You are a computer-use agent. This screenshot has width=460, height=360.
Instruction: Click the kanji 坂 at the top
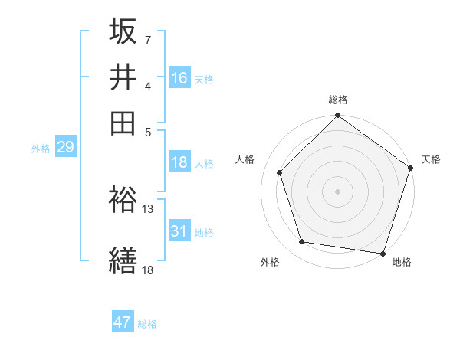tap(123, 32)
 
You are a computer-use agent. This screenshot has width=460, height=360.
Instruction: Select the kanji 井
tap(123, 77)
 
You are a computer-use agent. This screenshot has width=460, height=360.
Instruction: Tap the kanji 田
tap(123, 123)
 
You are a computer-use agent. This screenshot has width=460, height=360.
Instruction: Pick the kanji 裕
tap(123, 200)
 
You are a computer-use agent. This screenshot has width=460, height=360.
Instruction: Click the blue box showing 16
tap(179, 78)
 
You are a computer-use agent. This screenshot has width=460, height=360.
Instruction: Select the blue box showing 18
tap(179, 162)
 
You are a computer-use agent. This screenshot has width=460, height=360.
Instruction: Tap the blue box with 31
tap(179, 231)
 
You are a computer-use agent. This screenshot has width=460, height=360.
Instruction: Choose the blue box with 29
tap(65, 148)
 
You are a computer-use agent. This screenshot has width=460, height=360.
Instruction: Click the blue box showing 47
tap(123, 322)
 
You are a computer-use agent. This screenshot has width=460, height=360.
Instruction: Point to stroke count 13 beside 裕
tap(148, 208)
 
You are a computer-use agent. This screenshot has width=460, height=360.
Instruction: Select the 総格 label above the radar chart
tap(338, 100)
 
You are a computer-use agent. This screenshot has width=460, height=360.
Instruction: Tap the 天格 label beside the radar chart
tap(431, 159)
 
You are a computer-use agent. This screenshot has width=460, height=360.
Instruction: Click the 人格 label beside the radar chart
tap(245, 159)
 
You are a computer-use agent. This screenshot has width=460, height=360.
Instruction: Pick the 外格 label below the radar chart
tap(270, 262)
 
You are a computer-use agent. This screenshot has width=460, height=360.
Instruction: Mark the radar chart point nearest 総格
tap(337, 116)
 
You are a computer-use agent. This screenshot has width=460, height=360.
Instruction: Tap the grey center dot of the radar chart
tap(337, 191)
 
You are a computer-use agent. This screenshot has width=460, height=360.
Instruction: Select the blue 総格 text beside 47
tap(147, 324)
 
